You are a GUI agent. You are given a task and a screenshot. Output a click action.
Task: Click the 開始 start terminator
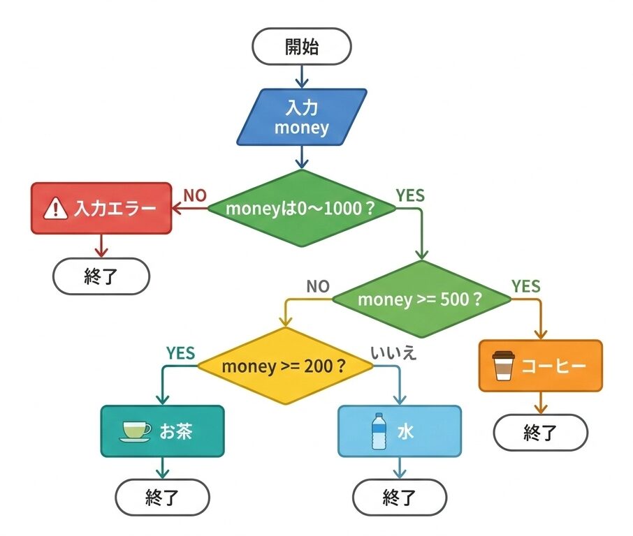click(x=302, y=47)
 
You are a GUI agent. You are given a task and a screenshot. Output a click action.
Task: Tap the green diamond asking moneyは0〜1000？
click(x=302, y=207)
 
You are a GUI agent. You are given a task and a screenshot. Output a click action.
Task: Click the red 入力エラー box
click(x=101, y=208)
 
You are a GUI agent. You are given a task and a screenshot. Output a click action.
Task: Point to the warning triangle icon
click(x=54, y=208)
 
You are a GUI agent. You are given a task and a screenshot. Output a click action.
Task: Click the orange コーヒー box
click(x=540, y=366)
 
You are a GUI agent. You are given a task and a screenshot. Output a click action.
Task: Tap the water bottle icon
click(x=379, y=431)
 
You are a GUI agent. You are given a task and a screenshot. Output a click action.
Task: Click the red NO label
click(x=195, y=195)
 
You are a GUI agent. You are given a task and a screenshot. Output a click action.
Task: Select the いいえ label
click(x=393, y=354)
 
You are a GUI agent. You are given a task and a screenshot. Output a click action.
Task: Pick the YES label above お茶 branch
click(x=180, y=353)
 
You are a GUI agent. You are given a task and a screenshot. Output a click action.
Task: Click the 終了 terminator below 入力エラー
click(x=101, y=276)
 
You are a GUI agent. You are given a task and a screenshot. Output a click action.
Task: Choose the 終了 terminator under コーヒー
click(x=540, y=433)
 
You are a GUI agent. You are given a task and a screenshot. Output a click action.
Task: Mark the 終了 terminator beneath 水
click(x=400, y=498)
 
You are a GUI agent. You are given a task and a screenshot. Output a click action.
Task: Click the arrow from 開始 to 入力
click(x=302, y=75)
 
